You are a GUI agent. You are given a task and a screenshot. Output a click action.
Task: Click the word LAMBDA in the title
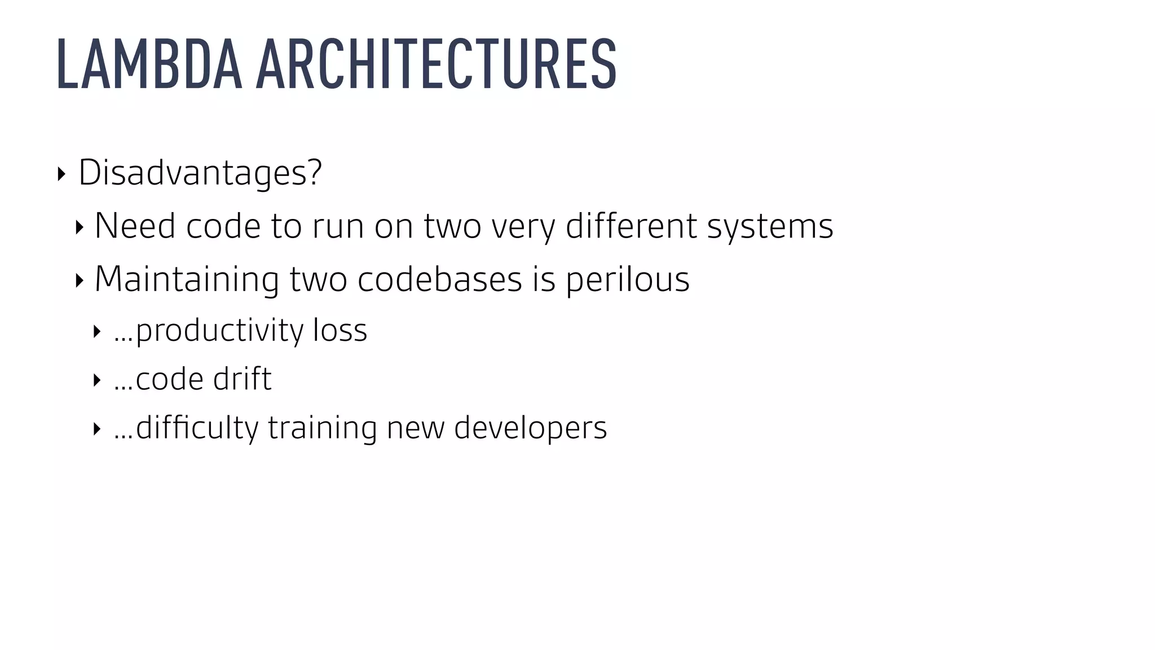tap(149, 64)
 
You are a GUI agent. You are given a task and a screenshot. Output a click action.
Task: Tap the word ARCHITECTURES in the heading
tap(437, 64)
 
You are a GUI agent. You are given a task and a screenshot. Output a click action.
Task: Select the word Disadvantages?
tap(200, 172)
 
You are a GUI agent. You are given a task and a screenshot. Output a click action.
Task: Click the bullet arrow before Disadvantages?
tap(61, 173)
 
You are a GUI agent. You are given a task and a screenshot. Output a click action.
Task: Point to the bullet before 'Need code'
tap(80, 227)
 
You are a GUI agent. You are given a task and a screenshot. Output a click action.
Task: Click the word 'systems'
tap(770, 226)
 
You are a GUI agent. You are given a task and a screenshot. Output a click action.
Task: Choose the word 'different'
tap(631, 226)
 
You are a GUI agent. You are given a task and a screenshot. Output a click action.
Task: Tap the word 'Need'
tap(135, 226)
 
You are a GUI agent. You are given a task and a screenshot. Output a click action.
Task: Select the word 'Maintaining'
tap(187, 279)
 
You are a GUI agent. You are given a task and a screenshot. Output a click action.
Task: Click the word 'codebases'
tap(440, 279)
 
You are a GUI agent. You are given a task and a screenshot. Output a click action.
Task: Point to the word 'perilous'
tap(627, 279)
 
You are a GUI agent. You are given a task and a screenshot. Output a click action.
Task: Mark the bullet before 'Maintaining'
tap(80, 280)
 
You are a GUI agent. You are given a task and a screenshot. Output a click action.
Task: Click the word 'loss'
tap(340, 330)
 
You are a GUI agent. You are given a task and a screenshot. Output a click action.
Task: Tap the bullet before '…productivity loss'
tap(97, 331)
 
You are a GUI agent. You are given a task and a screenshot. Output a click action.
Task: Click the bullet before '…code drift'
tap(97, 380)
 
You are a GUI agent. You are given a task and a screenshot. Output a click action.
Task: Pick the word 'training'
tap(322, 427)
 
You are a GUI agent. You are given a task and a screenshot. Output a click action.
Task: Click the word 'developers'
tap(530, 427)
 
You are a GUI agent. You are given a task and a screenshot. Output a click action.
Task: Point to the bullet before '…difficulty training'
tap(97, 429)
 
